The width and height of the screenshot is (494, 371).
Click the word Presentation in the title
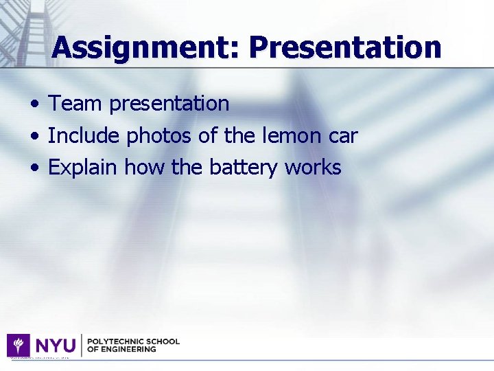point(345,47)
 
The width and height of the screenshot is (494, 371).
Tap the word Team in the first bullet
point(75,104)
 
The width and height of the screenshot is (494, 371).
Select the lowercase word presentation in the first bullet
point(169,104)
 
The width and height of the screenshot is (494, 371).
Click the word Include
point(84,136)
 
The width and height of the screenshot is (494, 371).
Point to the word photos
point(159,136)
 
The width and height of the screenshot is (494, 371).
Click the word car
point(342,136)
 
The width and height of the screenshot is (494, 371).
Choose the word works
point(313,168)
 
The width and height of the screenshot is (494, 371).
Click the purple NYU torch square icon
point(18,345)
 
